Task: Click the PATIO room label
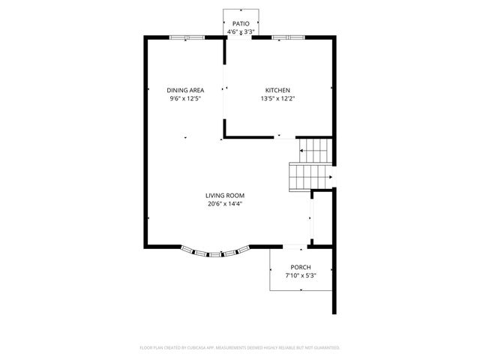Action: [x=240, y=24]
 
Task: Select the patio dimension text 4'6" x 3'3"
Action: [x=240, y=32]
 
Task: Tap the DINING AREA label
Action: [x=185, y=90]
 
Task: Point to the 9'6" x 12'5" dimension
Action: [x=185, y=98]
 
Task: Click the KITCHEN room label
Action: [x=277, y=90]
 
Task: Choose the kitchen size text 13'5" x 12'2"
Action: [x=277, y=98]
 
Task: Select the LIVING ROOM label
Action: [x=225, y=195]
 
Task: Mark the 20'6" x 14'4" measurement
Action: [x=225, y=203]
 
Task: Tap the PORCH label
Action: [x=301, y=268]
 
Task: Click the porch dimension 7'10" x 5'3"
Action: [x=301, y=276]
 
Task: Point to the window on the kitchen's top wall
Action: [x=289, y=37]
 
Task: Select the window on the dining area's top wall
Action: [x=186, y=37]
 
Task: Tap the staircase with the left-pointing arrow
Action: [x=313, y=151]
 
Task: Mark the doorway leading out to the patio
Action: [x=240, y=37]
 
